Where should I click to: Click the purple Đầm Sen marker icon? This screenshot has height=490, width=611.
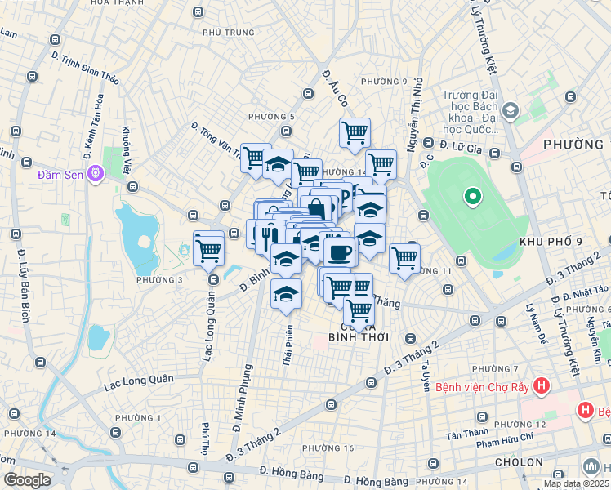click(x=96, y=173)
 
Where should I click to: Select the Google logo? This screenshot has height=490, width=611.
click(x=27, y=480)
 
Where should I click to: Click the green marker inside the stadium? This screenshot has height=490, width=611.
click(x=471, y=196)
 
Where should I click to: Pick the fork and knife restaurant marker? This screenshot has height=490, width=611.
click(x=268, y=237)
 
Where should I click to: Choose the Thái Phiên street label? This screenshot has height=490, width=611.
click(x=288, y=346)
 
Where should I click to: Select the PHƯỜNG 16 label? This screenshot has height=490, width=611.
click(x=328, y=448)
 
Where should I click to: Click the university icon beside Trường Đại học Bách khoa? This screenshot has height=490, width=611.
click(x=511, y=109)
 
